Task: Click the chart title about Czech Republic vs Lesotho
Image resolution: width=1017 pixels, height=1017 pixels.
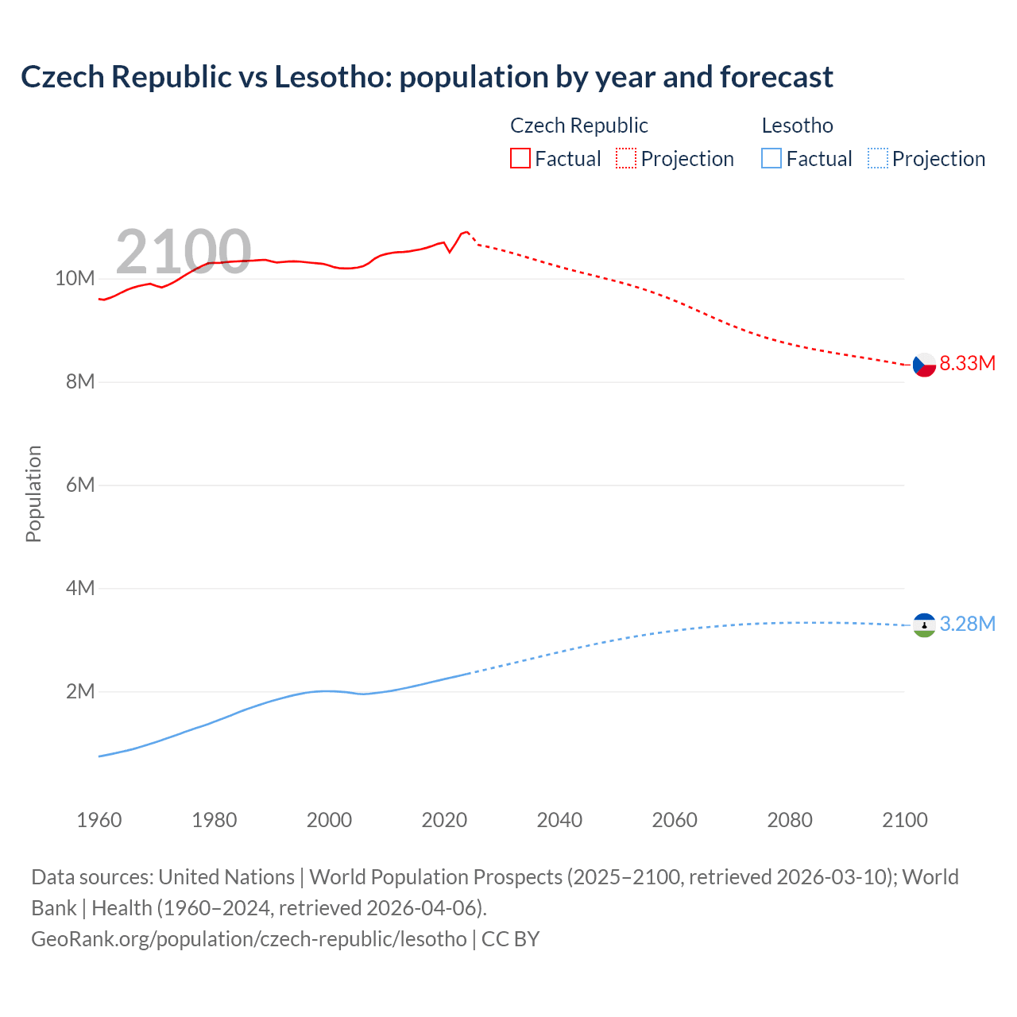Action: [427, 77]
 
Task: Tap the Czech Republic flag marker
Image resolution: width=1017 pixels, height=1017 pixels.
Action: [924, 365]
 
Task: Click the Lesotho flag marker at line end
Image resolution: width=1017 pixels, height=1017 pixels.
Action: [924, 625]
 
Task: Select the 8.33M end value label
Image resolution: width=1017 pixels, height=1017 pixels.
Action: [967, 364]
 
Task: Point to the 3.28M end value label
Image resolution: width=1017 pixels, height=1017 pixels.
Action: [967, 625]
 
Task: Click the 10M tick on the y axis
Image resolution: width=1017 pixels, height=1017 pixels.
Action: [75, 279]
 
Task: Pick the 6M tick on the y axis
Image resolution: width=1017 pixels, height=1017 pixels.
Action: [80, 485]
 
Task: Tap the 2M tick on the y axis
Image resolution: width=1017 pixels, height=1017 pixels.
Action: [80, 692]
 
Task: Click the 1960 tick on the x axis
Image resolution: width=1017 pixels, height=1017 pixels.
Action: [99, 820]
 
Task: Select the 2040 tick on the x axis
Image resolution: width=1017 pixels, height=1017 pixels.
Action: [559, 820]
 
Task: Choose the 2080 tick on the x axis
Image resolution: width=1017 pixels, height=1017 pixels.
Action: [790, 820]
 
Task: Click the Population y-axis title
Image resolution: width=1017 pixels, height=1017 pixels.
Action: [33, 493]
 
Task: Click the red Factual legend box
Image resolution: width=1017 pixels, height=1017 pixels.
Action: [520, 159]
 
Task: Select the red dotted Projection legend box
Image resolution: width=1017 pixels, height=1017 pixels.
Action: [626, 159]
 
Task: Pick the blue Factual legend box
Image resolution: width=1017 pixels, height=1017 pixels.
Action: [771, 159]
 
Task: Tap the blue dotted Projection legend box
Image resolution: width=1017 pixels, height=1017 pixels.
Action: [877, 159]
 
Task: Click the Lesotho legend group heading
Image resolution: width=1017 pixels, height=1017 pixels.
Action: [797, 126]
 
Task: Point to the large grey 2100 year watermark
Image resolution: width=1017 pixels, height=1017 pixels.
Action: [184, 252]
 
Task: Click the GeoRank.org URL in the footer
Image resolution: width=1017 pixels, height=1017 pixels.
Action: [249, 939]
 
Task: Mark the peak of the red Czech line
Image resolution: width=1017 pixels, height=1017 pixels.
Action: [466, 231]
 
